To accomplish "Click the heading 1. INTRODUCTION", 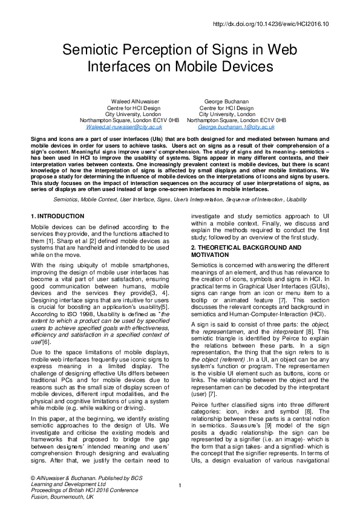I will [57, 216].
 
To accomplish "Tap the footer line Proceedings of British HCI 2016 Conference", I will [84, 490].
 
